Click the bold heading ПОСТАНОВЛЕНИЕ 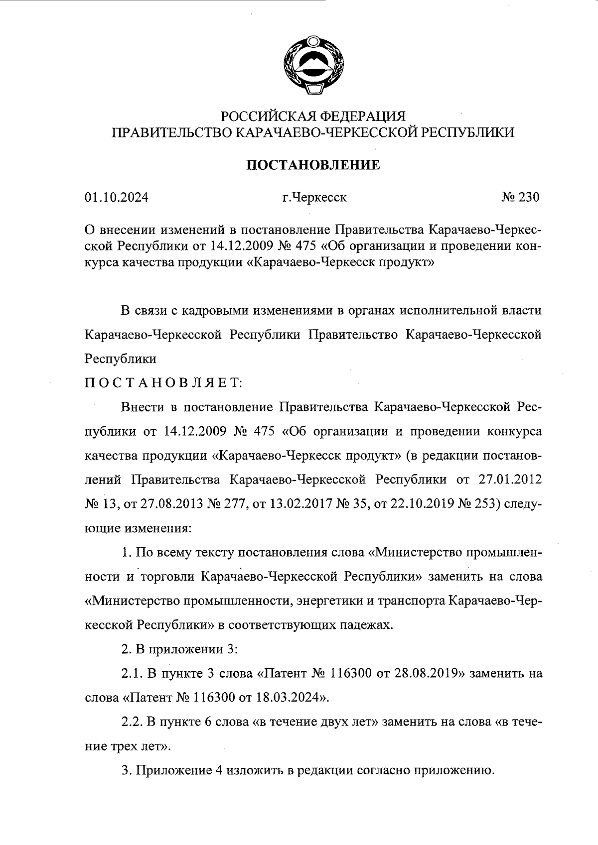[313, 165]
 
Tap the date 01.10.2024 [116, 198]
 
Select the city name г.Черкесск [314, 198]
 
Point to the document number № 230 [520, 198]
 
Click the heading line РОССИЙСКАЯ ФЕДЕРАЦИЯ [313, 117]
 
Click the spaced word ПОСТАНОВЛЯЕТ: [163, 383]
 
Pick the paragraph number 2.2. [132, 722]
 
